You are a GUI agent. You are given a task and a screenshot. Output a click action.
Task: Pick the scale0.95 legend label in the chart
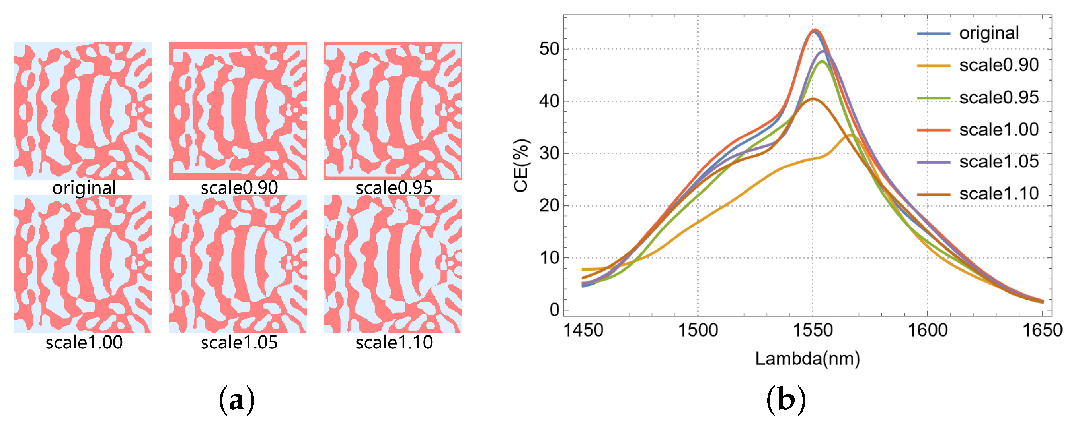coord(999,98)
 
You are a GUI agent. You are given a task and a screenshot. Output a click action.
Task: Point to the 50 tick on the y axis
coord(549,49)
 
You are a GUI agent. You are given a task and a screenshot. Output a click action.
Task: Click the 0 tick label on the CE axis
coord(554,310)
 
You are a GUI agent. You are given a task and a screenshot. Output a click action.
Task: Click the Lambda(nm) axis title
coord(807,359)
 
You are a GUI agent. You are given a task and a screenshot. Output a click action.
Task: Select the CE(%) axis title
coord(521,165)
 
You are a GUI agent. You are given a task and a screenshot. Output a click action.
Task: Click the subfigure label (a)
coord(236,400)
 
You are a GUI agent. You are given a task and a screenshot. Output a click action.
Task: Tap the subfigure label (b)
coord(785,400)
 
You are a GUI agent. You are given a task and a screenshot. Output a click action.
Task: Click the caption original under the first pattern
coord(84,188)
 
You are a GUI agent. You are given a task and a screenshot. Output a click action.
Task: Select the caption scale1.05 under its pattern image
coord(239,343)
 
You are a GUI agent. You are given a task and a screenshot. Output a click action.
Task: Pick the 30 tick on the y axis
coord(549,153)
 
